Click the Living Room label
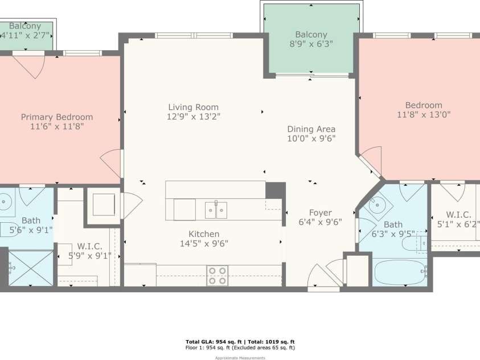pyautogui.click(x=194, y=107)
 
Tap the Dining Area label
pyautogui.click(x=311, y=129)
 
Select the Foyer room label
pyautogui.click(x=320, y=213)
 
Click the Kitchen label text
pyautogui.click(x=204, y=234)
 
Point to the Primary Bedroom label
pyautogui.click(x=57, y=117)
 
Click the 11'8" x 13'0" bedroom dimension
pyautogui.click(x=424, y=115)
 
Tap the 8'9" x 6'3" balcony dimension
pyautogui.click(x=311, y=44)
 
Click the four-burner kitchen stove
pyautogui.click(x=217, y=276)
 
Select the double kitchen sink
pyautogui.click(x=216, y=210)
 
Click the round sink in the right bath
pyautogui.click(x=377, y=204)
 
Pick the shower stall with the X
pyautogui.click(x=31, y=268)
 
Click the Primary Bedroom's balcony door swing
pyautogui.click(x=29, y=66)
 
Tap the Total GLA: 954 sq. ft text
pyautogui.click(x=214, y=342)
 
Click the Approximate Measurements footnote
pyautogui.click(x=240, y=358)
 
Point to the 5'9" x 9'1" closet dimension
pyautogui.click(x=90, y=256)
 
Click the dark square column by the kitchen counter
pyautogui.click(x=275, y=190)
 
